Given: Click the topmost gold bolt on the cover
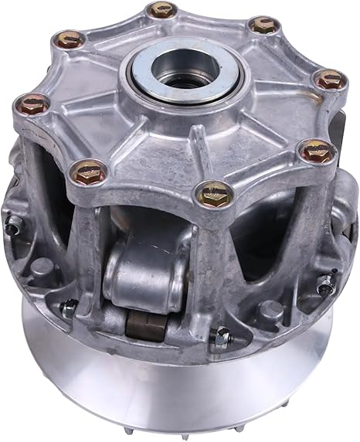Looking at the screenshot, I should (161, 10).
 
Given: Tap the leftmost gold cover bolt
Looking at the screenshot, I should (31, 102).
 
